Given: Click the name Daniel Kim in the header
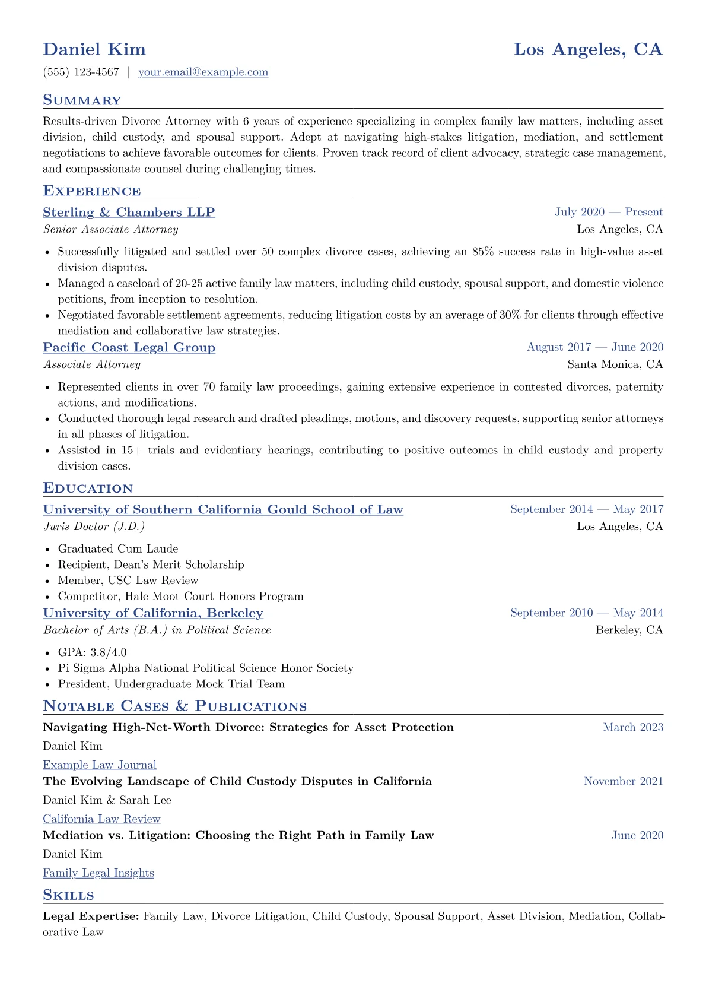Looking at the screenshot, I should tap(94, 49).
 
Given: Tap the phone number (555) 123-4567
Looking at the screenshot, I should tap(81, 72).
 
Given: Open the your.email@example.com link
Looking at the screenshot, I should tap(203, 72).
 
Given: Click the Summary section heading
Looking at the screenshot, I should tap(82, 100).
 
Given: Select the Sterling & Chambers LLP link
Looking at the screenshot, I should tap(129, 213).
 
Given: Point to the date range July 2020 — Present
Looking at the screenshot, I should tap(609, 213).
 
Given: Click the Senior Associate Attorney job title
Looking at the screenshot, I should tap(110, 230).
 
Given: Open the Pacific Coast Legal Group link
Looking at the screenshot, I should tap(129, 348).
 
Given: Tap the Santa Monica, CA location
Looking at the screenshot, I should tap(615, 364).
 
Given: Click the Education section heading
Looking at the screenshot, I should tap(88, 489).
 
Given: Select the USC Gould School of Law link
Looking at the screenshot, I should tap(223, 510).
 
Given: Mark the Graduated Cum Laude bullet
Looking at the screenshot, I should tap(118, 549).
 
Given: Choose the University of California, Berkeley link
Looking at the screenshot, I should tap(153, 613).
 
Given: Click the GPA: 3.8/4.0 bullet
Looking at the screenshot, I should tap(93, 652).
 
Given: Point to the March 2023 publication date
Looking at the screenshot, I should tap(633, 728).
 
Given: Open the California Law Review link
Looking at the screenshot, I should tap(101, 819).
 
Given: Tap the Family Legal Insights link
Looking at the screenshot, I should tap(98, 873).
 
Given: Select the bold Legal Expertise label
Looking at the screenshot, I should tap(91, 916).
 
